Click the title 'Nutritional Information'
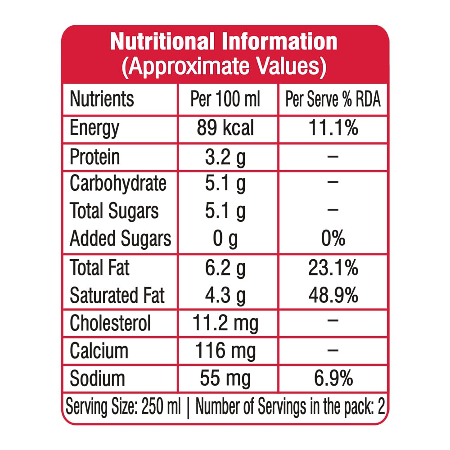[224, 41]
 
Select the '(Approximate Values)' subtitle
[224, 67]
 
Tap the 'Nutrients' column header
[102, 99]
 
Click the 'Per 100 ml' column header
[225, 99]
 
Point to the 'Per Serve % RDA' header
[333, 99]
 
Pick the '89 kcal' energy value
[225, 128]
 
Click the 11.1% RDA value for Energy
[333, 127]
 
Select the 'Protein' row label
[94, 157]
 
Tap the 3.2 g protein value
[225, 157]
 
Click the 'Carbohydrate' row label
[118, 184]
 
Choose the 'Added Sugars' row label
[121, 239]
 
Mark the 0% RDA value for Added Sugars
[333, 238]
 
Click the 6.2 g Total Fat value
[225, 268]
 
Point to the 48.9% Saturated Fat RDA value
[333, 295]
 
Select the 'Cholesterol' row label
[110, 323]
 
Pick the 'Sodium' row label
[97, 378]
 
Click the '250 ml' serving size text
[161, 406]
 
